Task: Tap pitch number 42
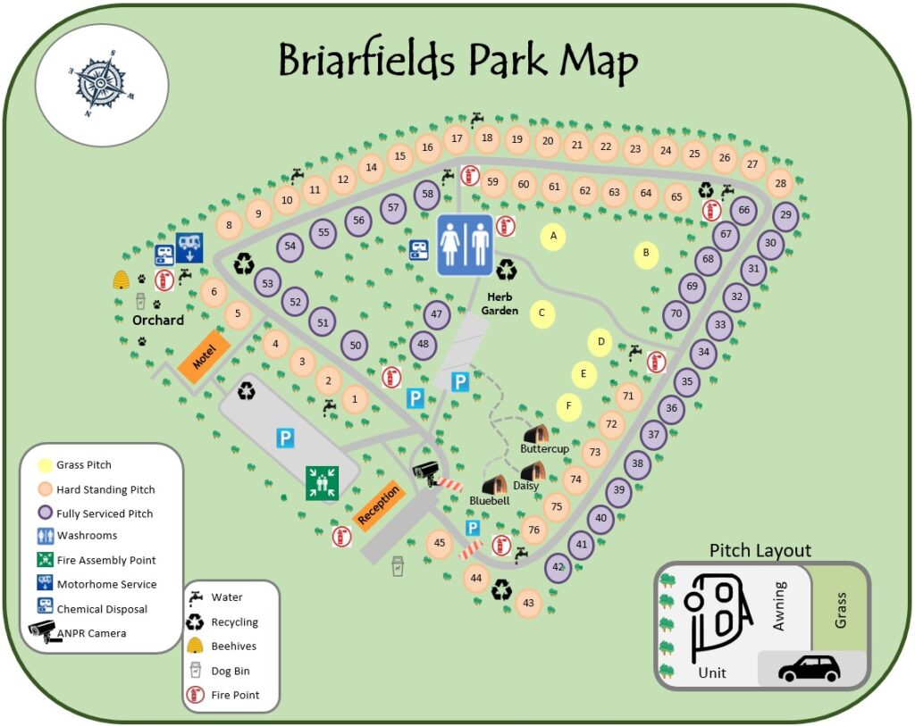(x=558, y=567)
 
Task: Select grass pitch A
(x=553, y=237)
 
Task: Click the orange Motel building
(x=205, y=357)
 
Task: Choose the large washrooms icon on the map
(x=465, y=244)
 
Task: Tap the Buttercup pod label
(x=544, y=448)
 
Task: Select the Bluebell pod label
(x=489, y=501)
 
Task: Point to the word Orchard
(x=158, y=320)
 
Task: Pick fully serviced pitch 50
(x=355, y=346)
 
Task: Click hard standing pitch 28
(x=780, y=184)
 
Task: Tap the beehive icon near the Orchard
(x=121, y=280)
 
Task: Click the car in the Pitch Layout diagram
(x=810, y=668)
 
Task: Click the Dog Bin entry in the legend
(x=231, y=671)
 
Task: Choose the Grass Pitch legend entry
(x=84, y=465)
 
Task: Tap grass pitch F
(x=568, y=405)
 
